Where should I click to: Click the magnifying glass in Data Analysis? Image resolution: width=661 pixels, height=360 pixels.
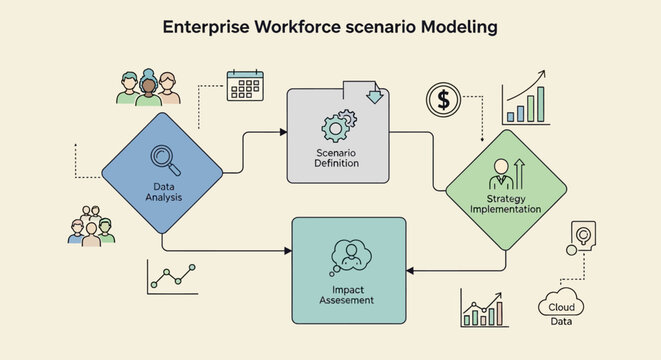[162, 158]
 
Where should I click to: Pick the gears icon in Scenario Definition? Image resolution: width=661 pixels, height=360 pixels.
[336, 127]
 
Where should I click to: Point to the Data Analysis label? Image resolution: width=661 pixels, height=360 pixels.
[161, 190]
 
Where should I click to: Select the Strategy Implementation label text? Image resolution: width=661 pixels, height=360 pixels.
[505, 203]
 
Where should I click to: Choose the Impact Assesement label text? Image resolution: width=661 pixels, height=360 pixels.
[347, 294]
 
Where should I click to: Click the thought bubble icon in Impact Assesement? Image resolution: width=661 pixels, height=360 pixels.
[349, 254]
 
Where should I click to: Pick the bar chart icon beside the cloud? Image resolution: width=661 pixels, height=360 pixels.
[485, 308]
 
